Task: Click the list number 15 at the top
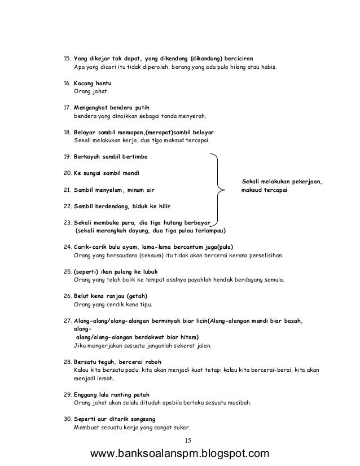[65, 58]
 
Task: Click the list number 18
[65, 131]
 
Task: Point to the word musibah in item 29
[239, 403]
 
